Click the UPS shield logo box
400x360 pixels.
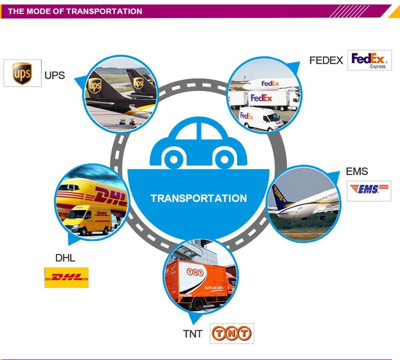(x=22, y=73)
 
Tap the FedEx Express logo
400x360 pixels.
(x=369, y=60)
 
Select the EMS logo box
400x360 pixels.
(x=369, y=191)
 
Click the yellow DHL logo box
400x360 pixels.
(x=66, y=277)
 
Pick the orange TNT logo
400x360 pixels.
(x=231, y=333)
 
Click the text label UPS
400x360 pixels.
(x=55, y=75)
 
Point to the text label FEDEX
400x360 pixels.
(x=326, y=60)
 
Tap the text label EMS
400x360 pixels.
(x=357, y=171)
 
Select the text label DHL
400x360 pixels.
(x=65, y=258)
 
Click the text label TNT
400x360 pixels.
(x=193, y=334)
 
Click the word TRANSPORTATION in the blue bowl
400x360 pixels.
(x=199, y=198)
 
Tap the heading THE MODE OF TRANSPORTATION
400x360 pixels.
(x=75, y=11)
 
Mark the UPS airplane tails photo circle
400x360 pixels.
(x=120, y=94)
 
